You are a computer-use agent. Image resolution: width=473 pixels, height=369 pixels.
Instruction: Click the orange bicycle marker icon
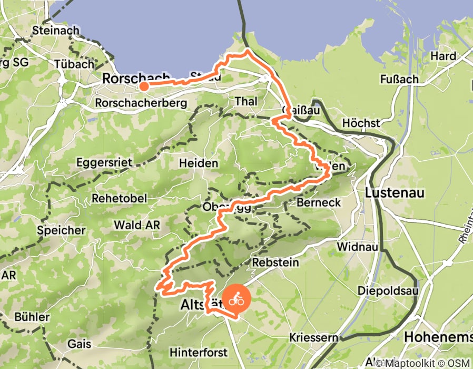(236, 301)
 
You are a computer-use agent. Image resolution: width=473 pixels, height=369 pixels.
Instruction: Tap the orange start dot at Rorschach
(143, 86)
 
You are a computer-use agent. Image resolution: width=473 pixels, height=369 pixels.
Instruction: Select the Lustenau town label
(395, 192)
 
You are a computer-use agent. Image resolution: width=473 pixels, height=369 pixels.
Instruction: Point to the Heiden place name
(199, 163)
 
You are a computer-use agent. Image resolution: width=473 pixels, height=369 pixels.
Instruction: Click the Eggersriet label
(103, 162)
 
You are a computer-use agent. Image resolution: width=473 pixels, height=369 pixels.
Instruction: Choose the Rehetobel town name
(119, 198)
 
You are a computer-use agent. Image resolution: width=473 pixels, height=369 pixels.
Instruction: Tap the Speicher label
(61, 230)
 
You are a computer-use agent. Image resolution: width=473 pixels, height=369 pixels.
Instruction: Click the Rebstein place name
(275, 262)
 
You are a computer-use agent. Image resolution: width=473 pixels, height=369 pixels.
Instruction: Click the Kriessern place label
(313, 337)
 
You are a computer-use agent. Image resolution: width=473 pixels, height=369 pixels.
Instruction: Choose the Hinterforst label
(198, 352)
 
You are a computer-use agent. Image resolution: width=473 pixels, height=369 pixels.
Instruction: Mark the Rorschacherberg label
(141, 103)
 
